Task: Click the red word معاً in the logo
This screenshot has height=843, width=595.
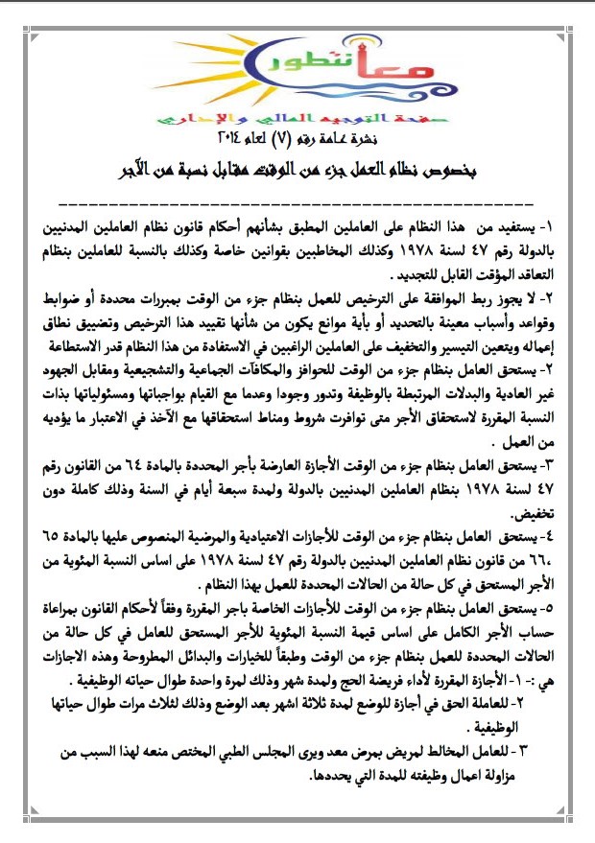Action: coord(346,69)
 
